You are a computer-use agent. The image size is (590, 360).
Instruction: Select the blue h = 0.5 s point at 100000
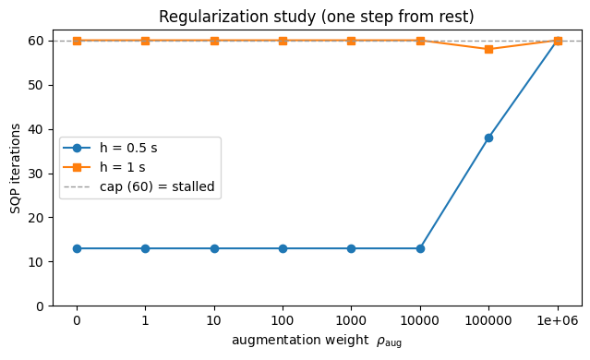(x=488, y=138)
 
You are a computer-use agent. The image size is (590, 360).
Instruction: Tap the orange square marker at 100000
(x=488, y=49)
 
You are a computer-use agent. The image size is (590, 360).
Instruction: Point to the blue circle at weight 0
(x=77, y=248)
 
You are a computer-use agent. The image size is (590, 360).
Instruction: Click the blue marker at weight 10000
(x=420, y=248)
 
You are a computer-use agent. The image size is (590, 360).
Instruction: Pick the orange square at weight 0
(x=77, y=41)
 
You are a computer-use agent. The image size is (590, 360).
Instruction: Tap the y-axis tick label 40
(x=36, y=129)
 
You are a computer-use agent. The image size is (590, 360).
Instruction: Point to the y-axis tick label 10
(x=36, y=262)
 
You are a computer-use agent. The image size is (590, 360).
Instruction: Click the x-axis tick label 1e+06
(x=558, y=321)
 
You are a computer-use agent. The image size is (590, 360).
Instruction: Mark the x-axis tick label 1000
(x=351, y=321)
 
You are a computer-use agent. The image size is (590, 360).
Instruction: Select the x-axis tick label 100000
(x=488, y=321)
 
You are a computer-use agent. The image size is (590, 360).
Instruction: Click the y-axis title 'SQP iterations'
(x=15, y=169)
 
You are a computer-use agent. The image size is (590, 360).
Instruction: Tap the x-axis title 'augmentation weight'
(x=300, y=340)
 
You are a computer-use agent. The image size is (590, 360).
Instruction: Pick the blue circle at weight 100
(x=283, y=248)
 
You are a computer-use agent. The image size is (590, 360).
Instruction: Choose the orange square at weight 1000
(x=351, y=41)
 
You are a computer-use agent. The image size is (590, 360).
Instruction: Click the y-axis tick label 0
(x=40, y=306)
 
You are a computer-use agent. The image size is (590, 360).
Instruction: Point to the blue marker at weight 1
(x=145, y=248)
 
